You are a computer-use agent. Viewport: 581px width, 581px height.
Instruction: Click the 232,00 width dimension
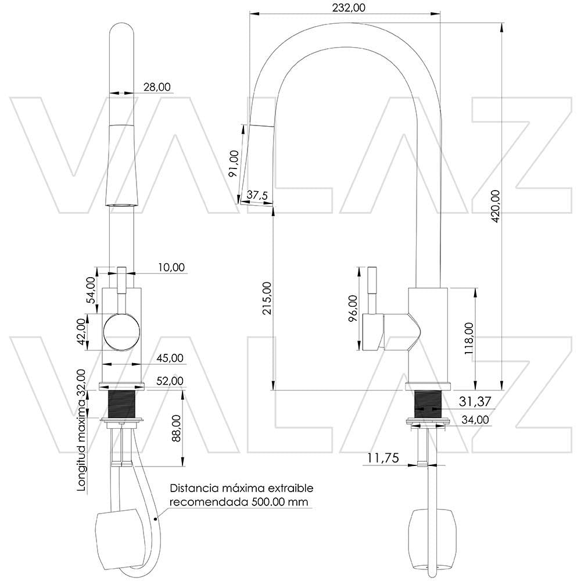pos(348,7)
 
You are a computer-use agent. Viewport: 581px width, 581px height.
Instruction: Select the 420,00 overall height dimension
pos(495,206)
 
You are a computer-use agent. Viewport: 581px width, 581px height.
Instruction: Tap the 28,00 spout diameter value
pos(157,87)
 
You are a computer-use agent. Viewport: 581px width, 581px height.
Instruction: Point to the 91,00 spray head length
pos(234,163)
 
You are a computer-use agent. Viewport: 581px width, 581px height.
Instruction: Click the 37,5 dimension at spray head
pos(257,195)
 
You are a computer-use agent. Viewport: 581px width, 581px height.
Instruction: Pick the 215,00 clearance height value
pos(267,298)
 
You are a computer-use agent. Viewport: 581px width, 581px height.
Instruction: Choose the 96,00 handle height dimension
pos(353,309)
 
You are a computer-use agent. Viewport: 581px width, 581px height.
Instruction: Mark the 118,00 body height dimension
pos(469,338)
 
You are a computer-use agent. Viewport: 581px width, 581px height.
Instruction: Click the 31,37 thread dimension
pos(475,401)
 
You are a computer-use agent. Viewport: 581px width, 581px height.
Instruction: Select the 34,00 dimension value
pos(475,420)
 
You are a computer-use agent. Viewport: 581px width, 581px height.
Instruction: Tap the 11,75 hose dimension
pos(383,458)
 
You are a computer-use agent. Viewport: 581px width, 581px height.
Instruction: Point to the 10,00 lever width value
pos(170,267)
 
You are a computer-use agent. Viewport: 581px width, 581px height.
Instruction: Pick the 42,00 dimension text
pos(83,332)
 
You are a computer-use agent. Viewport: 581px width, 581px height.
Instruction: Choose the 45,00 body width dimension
pos(169,358)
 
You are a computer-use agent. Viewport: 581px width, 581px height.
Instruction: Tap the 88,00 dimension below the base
pos(176,429)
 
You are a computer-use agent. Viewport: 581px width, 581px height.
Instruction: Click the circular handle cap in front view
pos(121,332)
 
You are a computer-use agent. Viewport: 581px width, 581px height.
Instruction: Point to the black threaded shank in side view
pos(428,404)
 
